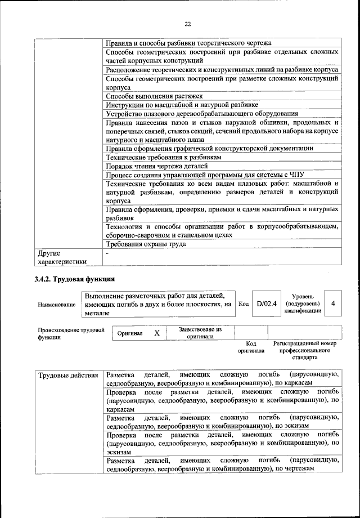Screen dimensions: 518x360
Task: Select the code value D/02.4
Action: [x=266, y=303]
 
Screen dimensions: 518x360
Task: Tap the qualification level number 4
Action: [x=334, y=303]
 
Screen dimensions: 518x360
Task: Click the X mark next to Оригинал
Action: [x=157, y=333]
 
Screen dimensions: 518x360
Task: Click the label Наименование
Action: [x=56, y=305]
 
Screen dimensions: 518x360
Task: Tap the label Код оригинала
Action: [x=251, y=347]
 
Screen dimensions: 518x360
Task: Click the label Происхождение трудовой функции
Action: [x=71, y=333]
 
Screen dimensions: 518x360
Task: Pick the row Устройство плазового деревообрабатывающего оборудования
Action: [x=202, y=113]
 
